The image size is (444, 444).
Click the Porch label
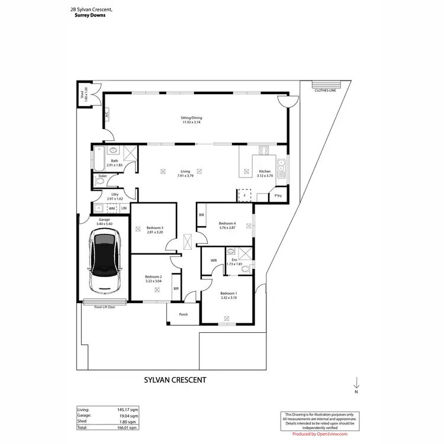point(184,314)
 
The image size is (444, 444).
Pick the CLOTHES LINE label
point(326,91)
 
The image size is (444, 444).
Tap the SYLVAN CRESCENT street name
point(175,381)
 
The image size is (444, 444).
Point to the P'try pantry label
point(277,196)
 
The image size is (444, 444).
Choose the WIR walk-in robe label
point(213,260)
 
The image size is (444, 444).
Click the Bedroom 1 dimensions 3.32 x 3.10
point(229,298)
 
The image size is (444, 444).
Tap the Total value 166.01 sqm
point(128,427)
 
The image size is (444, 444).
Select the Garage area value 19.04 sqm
point(128,416)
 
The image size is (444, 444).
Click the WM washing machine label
point(111,208)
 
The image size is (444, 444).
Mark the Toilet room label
point(102,176)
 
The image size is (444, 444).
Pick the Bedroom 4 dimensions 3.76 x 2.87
point(227,228)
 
